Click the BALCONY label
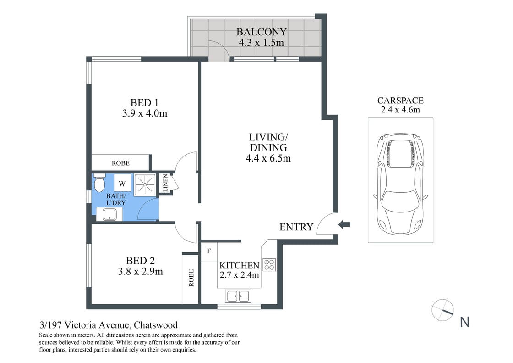pyautogui.click(x=261, y=32)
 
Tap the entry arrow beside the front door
pyautogui.click(x=344, y=224)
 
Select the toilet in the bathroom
pyautogui.click(x=99, y=184)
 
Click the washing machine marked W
pyautogui.click(x=122, y=184)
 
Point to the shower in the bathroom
pyautogui.click(x=145, y=185)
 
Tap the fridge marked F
pyautogui.click(x=209, y=251)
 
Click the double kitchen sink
pyautogui.click(x=238, y=296)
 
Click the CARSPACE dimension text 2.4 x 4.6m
pyautogui.click(x=400, y=110)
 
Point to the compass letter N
pyautogui.click(x=464, y=323)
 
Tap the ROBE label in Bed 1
pyautogui.click(x=120, y=163)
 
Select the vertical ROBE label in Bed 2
pyautogui.click(x=191, y=278)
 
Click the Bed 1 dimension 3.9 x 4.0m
pyautogui.click(x=144, y=113)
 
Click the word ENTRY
pyautogui.click(x=296, y=227)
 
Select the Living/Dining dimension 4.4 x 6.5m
pyautogui.click(x=268, y=159)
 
